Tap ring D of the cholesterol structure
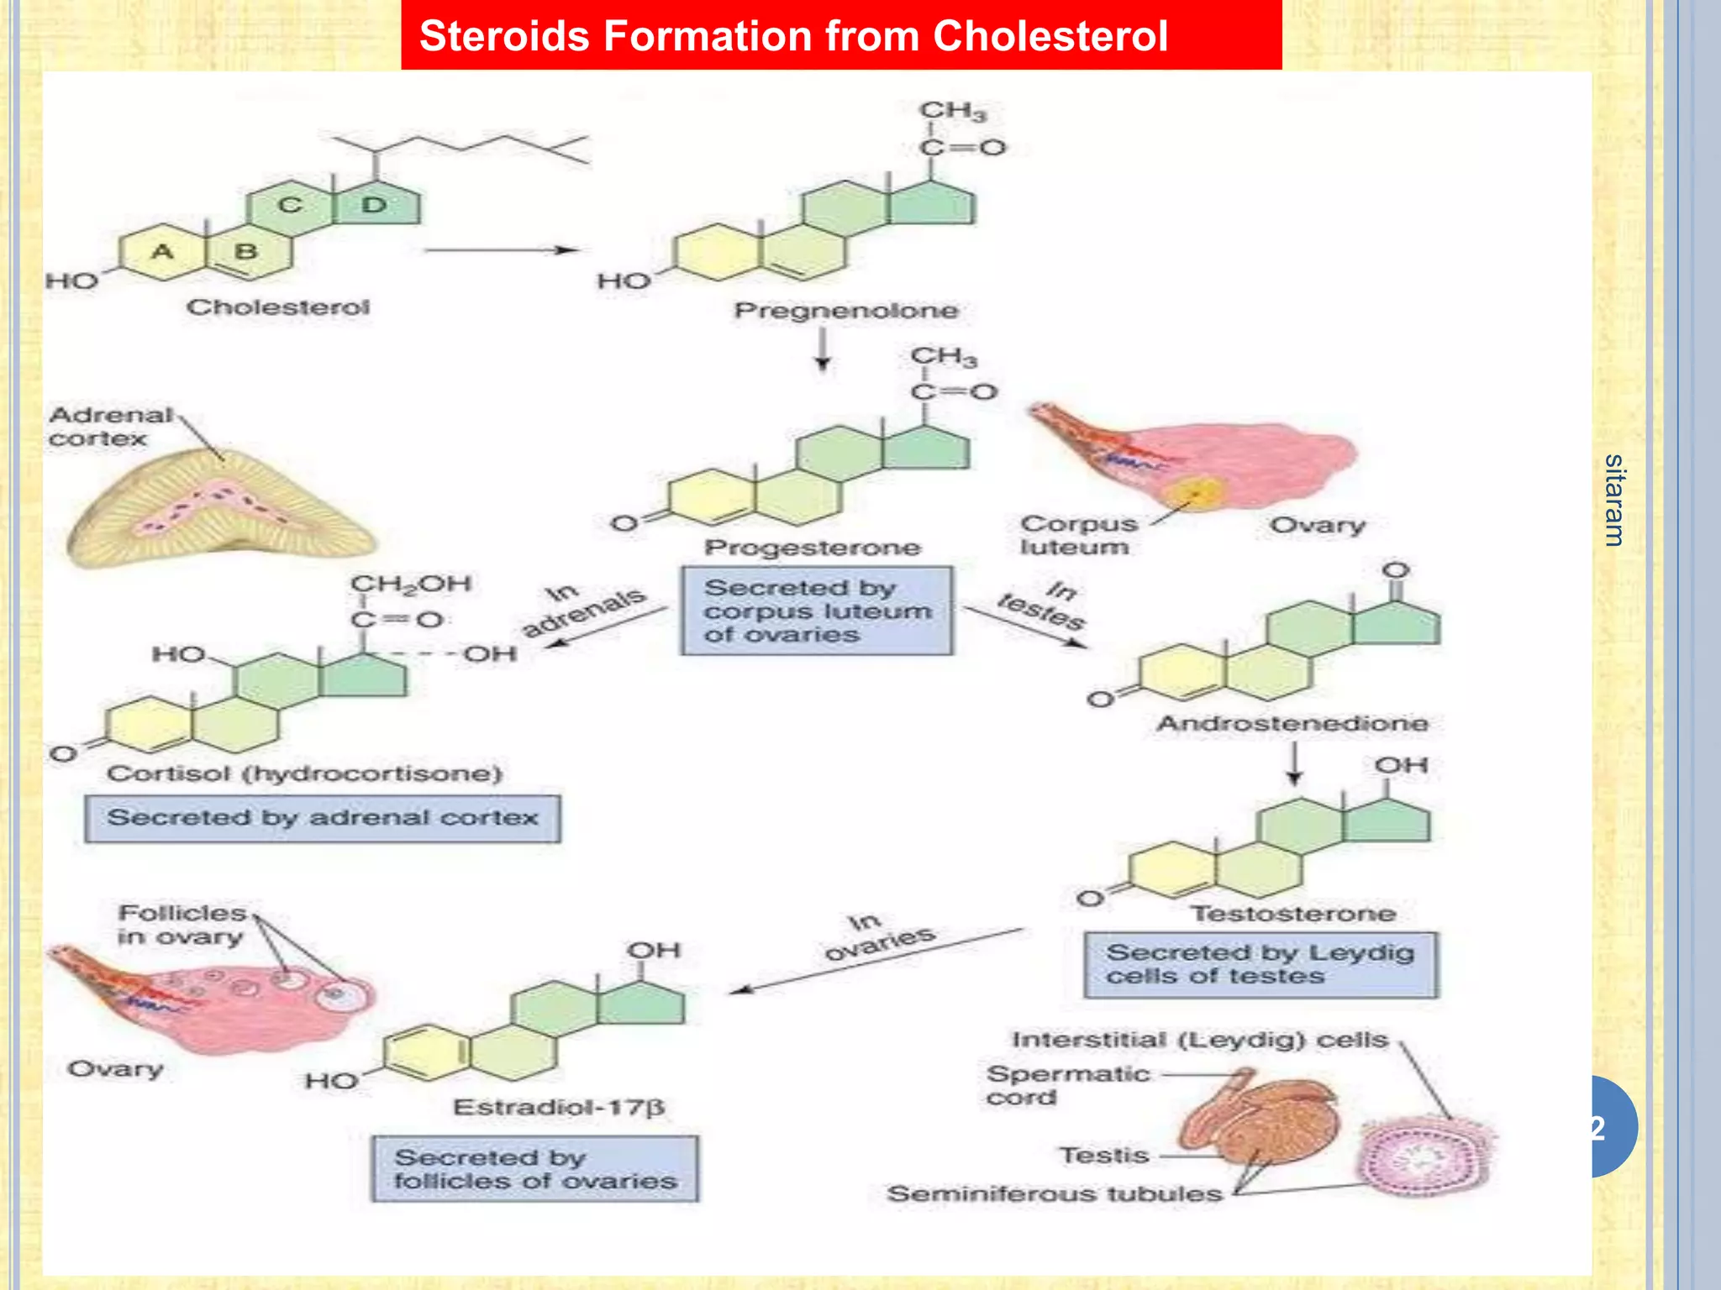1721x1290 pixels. pos(376,204)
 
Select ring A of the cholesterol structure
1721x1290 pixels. pos(162,250)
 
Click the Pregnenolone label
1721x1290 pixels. pos(846,311)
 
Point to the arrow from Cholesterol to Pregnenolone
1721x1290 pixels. pos(502,250)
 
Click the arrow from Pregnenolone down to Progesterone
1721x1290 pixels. pos(823,349)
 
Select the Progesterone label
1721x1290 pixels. pos(813,548)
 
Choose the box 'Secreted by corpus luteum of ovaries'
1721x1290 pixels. pos(816,611)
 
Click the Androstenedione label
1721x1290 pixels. pos(1292,723)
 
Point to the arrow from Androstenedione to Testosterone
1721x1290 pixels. pos(1294,764)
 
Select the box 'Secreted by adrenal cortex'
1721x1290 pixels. pos(323,818)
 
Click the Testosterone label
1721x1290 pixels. pos(1293,913)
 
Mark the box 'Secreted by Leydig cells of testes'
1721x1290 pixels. pos(1260,964)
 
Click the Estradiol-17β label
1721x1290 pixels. pos(559,1107)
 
